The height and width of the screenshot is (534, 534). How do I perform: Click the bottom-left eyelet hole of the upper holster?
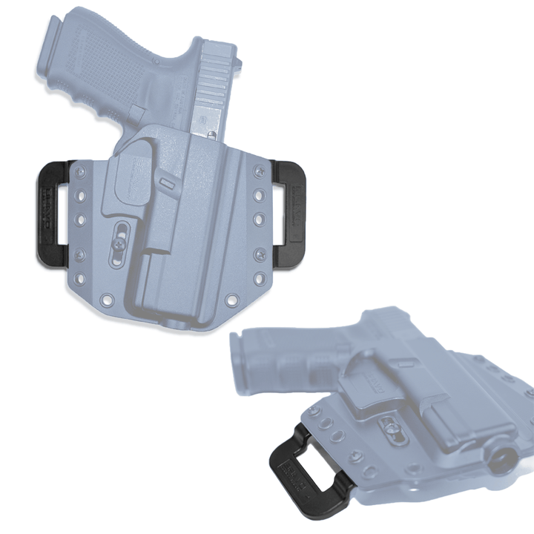pyautogui.click(x=108, y=300)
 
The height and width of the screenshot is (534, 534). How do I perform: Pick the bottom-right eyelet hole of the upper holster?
pyautogui.click(x=231, y=299)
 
